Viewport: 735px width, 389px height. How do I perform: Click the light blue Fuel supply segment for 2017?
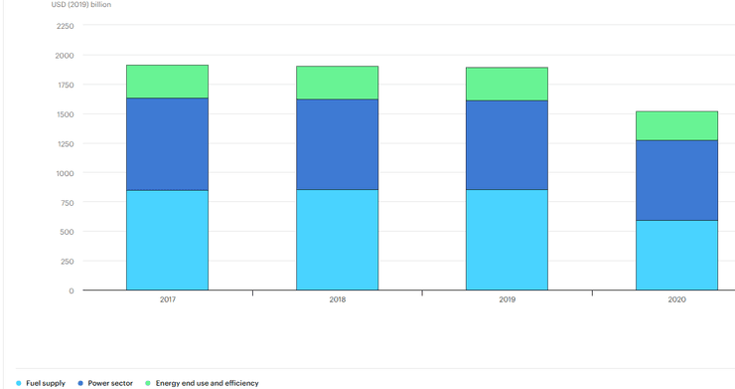click(x=167, y=240)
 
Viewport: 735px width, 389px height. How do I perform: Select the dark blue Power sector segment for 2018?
click(x=337, y=144)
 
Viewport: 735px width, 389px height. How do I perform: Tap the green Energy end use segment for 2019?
click(x=507, y=84)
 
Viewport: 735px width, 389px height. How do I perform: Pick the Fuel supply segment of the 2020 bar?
click(x=676, y=255)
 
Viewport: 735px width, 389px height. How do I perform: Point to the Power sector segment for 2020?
click(x=676, y=180)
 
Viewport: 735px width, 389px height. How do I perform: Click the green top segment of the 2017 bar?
click(x=167, y=82)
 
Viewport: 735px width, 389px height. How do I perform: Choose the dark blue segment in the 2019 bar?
click(x=507, y=144)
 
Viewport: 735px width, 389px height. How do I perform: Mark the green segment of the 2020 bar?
click(x=676, y=125)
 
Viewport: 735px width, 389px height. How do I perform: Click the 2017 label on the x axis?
click(x=167, y=299)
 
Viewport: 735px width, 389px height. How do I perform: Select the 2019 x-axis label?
click(x=507, y=299)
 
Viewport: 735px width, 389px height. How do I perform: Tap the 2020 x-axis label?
click(x=676, y=299)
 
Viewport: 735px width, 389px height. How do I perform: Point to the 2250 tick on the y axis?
click(x=64, y=26)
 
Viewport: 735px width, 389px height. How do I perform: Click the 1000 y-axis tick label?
click(x=64, y=173)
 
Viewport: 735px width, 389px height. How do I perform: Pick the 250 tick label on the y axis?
click(x=66, y=262)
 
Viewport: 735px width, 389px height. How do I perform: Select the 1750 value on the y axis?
click(x=64, y=85)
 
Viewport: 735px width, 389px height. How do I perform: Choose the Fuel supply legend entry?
click(x=44, y=382)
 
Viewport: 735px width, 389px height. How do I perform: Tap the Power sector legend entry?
click(x=109, y=382)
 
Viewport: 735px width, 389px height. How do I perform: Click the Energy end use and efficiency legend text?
click(x=207, y=382)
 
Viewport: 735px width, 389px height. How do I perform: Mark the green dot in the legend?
click(x=148, y=382)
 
